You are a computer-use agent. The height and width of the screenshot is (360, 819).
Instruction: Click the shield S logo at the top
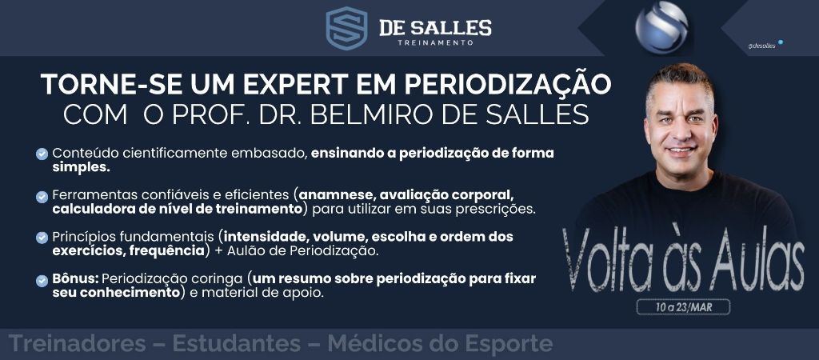tap(346, 28)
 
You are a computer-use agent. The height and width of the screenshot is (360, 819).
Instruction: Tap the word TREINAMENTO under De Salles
tap(435, 43)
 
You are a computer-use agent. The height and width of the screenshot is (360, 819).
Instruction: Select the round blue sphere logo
tap(661, 26)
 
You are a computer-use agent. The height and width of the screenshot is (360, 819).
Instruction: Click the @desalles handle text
tap(762, 46)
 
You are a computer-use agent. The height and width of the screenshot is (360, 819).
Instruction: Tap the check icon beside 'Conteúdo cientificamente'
tap(42, 154)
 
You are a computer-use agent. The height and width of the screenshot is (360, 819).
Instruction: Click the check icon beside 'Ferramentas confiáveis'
tap(42, 197)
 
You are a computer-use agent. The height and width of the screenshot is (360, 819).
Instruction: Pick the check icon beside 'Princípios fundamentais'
tap(42, 238)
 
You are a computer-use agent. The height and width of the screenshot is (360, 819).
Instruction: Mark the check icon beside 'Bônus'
tap(42, 281)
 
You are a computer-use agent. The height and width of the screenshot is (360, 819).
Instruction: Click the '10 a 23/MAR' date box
tap(683, 306)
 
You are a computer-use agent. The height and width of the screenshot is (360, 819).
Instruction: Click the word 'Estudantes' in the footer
tap(236, 344)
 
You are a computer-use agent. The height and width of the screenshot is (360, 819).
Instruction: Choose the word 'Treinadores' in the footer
tap(78, 344)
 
